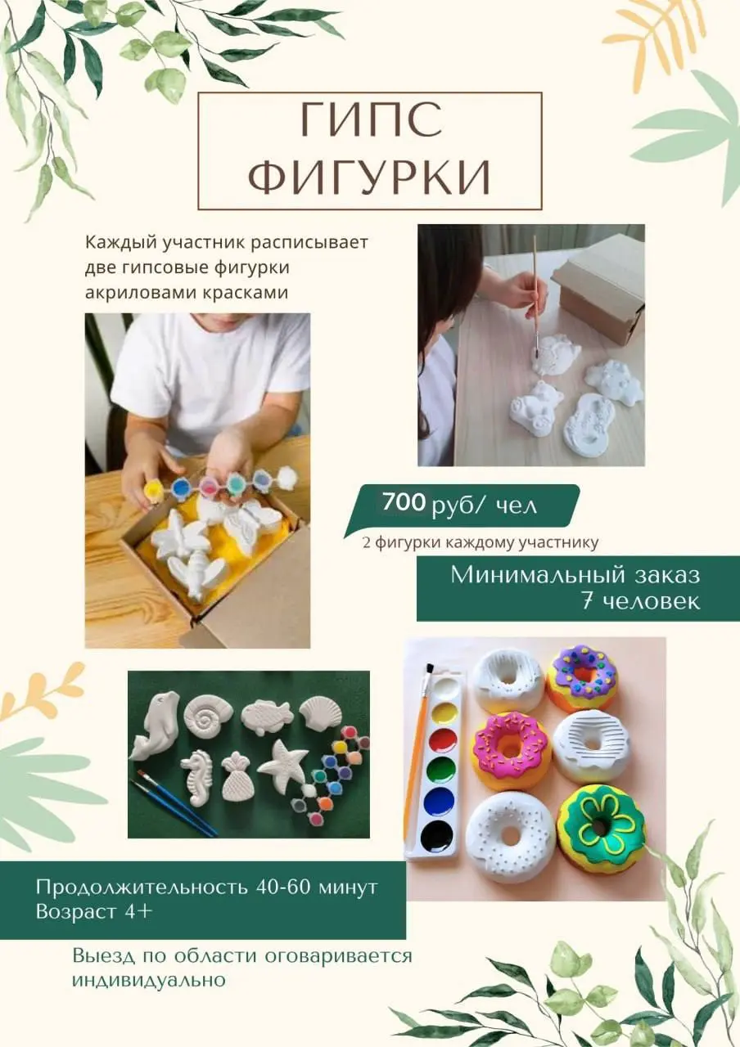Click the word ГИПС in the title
coord(370,122)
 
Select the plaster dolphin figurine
coord(153,724)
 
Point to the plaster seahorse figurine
coord(197,776)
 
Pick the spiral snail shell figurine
coord(208,712)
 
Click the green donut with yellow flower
coord(601,829)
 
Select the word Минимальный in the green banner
coord(522,575)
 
